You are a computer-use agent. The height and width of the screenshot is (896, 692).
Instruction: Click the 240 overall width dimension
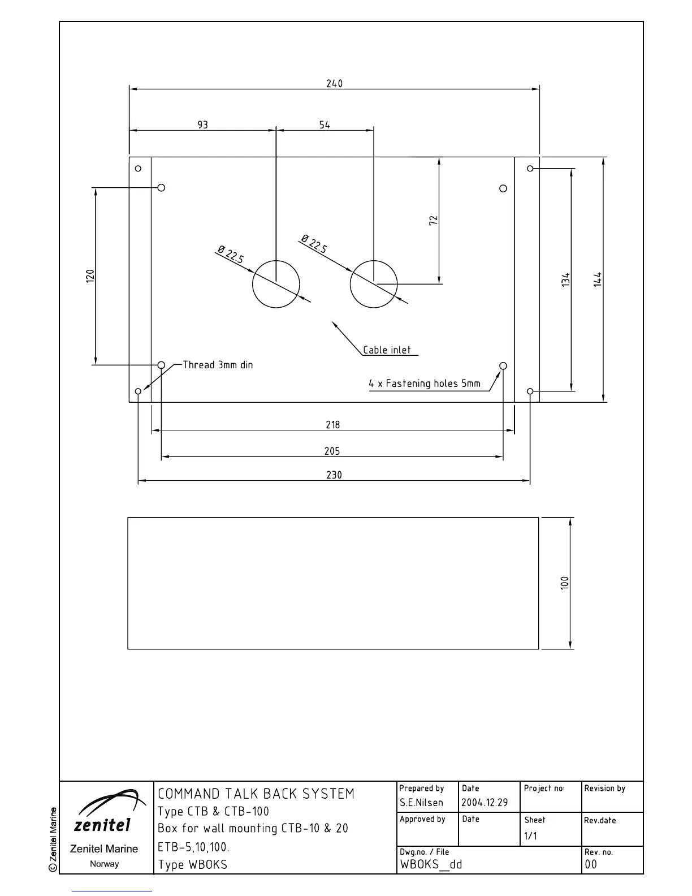point(334,84)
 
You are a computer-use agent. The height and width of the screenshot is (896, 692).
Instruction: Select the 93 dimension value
point(202,125)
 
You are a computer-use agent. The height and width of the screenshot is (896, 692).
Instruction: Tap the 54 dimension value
point(325,125)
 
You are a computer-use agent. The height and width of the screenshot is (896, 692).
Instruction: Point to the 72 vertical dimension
point(434,221)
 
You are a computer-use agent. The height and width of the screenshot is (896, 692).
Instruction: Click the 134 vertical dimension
point(566,279)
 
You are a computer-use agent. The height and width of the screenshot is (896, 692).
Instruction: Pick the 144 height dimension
point(598,279)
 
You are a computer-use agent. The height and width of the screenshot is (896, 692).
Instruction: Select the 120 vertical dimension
point(90,276)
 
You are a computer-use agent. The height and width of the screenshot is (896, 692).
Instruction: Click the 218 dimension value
point(333,425)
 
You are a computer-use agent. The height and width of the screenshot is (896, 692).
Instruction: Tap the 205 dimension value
point(332,451)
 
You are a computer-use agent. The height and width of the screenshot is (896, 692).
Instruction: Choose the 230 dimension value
point(334,475)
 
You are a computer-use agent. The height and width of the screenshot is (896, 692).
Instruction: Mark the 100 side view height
point(565,583)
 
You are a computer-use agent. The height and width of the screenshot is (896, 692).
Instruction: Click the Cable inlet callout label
point(387,350)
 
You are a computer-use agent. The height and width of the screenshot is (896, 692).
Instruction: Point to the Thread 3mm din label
point(218,365)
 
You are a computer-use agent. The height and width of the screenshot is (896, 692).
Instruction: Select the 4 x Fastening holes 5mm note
point(425,384)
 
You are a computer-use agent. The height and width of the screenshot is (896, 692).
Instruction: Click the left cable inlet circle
point(276,285)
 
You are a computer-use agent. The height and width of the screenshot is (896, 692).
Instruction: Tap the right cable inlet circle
point(374,285)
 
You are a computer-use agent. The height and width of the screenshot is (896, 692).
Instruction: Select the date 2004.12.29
point(485,803)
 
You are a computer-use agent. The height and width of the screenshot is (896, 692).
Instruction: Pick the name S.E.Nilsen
point(421,803)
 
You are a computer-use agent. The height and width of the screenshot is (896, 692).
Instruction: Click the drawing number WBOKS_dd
point(431,864)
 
